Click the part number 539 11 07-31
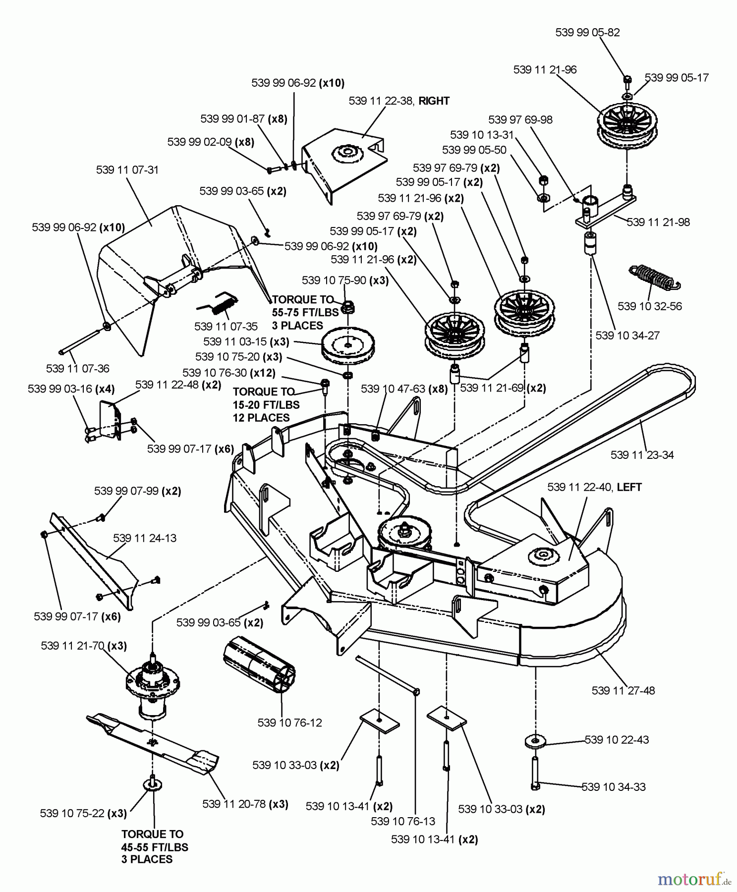(127, 170)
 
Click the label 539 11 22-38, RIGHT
(399, 101)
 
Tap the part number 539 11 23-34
(642, 455)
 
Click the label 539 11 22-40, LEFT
(594, 488)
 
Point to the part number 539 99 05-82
(587, 33)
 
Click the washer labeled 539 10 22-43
(535, 741)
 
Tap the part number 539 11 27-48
(623, 690)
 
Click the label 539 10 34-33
(614, 787)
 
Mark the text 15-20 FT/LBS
(266, 405)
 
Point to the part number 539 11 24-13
(145, 538)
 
